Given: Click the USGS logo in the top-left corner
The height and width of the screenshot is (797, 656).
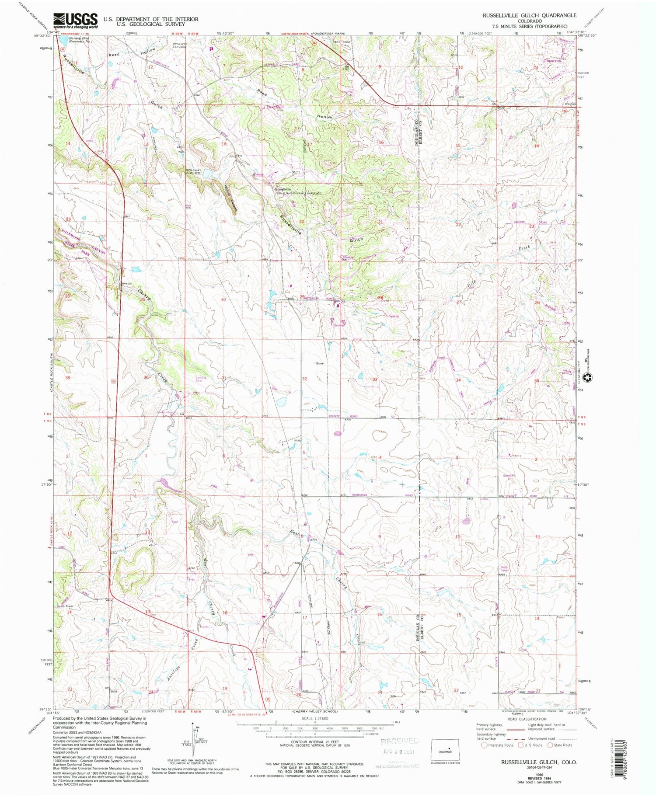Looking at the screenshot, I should click(75, 21).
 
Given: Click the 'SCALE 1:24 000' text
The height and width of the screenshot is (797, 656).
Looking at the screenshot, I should click(315, 718).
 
